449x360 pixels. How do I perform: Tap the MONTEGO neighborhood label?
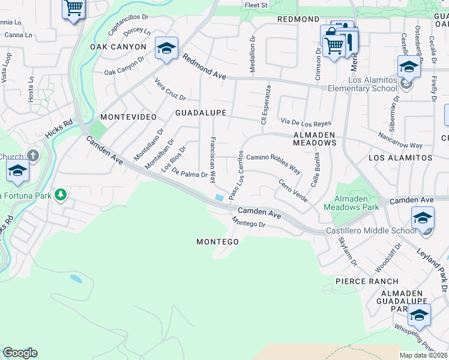click(x=218, y=242)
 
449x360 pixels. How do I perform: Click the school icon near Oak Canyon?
click(x=166, y=49)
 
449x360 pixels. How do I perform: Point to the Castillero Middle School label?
click(x=370, y=231)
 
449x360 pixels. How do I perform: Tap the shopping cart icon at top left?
click(x=73, y=8)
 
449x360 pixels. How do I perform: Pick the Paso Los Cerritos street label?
click(x=236, y=175)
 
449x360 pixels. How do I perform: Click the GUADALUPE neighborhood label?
click(x=200, y=113)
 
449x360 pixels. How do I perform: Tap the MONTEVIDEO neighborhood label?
click(x=128, y=116)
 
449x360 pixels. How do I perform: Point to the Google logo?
click(x=19, y=353)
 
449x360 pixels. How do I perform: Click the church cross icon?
click(x=33, y=156)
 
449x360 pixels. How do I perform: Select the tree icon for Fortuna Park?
click(x=60, y=194)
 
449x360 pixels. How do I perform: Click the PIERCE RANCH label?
click(x=367, y=281)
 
